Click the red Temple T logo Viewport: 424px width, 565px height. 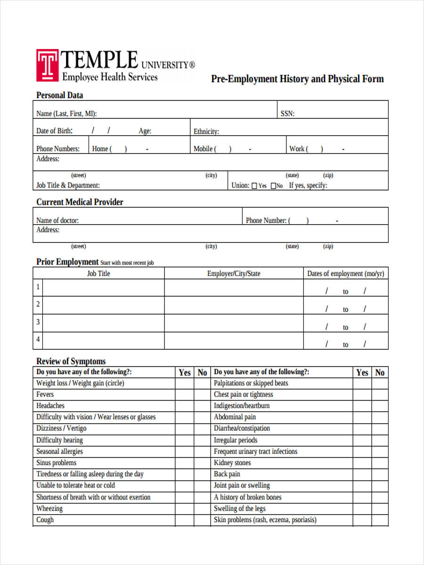(47, 65)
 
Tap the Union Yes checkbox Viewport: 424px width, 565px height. (255, 186)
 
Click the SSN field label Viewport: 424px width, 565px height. (287, 113)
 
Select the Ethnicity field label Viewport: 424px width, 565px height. (206, 132)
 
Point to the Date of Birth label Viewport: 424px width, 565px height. (54, 131)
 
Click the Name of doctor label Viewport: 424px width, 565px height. (57, 220)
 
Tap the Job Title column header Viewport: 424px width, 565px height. (98, 274)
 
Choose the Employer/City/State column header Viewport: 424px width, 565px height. (234, 274)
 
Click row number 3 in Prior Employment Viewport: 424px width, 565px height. (38, 323)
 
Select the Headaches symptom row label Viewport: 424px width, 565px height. (50, 405)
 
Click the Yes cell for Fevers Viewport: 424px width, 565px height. (185, 395)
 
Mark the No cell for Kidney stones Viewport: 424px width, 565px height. (380, 463)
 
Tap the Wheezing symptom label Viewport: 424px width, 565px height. (49, 508)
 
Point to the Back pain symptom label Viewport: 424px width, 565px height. (227, 474)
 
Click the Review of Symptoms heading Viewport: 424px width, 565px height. (71, 362)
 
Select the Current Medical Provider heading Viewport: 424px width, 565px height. (80, 202)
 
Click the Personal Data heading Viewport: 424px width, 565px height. (59, 95)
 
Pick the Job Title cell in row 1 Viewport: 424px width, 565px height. (104, 287)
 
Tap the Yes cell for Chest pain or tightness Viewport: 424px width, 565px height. (362, 395)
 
